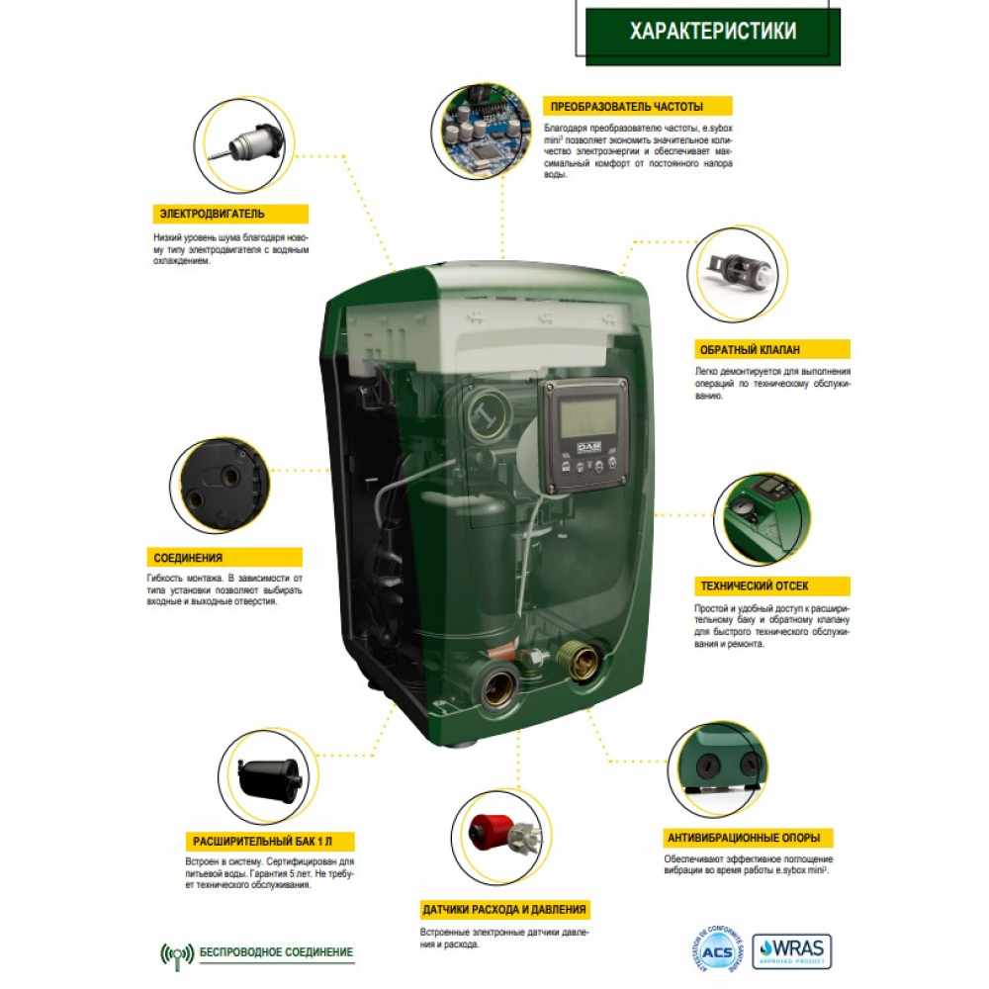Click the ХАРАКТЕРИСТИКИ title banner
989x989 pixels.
(712, 32)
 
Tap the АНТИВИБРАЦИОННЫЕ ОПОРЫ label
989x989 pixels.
(748, 837)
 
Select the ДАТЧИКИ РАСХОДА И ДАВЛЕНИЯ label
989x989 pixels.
(505, 909)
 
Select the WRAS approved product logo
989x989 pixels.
(791, 950)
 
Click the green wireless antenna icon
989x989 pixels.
(176, 953)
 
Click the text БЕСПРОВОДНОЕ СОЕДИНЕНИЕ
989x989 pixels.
(276, 952)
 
